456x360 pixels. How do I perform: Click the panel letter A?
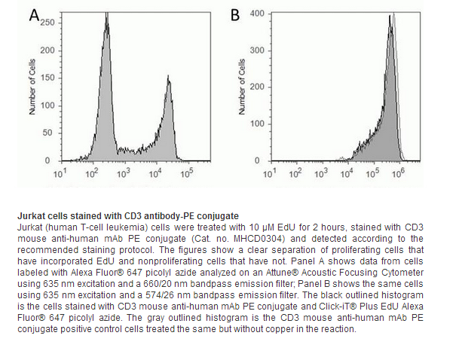[35, 15]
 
